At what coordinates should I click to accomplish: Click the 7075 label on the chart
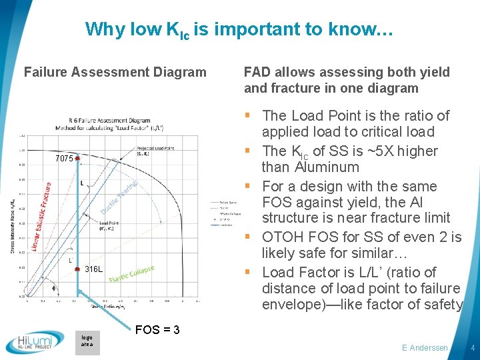click(x=64, y=159)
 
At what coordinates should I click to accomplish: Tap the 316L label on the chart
click(x=93, y=269)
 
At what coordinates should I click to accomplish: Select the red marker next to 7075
click(x=77, y=159)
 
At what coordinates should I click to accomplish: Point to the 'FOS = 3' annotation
click(x=157, y=329)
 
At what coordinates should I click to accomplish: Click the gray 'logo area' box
click(x=87, y=341)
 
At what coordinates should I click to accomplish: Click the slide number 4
click(x=471, y=348)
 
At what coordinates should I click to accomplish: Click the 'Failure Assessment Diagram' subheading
click(x=115, y=72)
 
